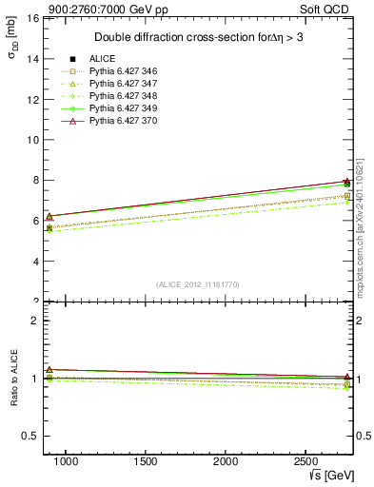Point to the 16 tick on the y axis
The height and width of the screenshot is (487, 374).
click(31, 18)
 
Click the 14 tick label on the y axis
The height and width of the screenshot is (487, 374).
click(31, 59)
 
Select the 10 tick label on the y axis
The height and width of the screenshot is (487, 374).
click(31, 140)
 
